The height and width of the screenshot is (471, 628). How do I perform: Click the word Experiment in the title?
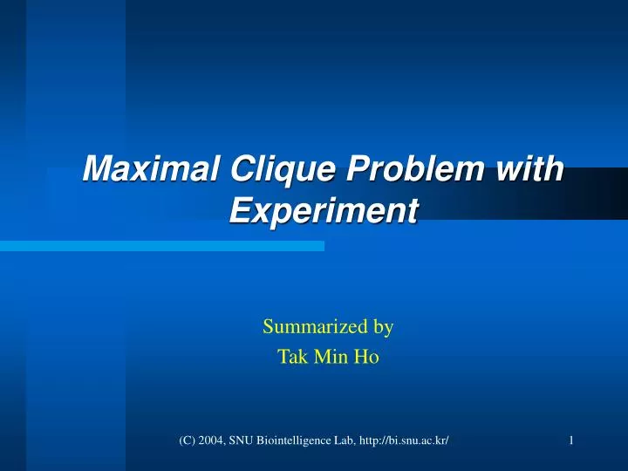(324, 210)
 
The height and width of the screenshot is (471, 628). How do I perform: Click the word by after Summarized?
(384, 327)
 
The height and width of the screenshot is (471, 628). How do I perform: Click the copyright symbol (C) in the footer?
(187, 440)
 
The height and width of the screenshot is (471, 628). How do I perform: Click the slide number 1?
(570, 440)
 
